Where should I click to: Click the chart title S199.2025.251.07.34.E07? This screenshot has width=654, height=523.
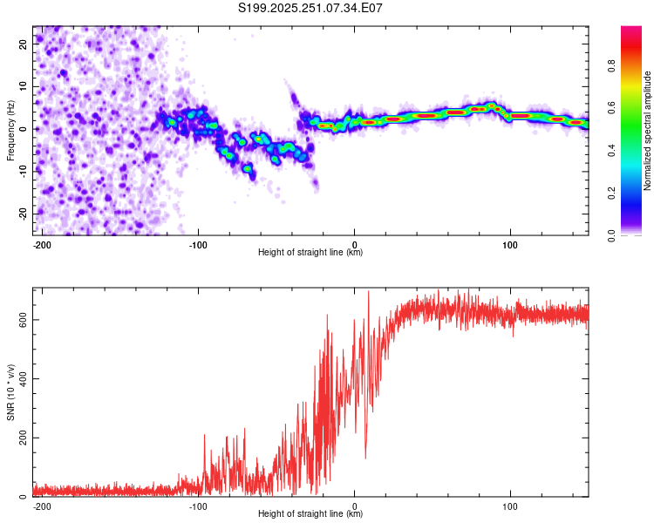pyautogui.click(x=311, y=9)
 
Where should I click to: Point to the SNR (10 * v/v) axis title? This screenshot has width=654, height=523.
pyautogui.click(x=10, y=392)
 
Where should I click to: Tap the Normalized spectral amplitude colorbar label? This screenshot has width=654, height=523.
pyautogui.click(x=648, y=131)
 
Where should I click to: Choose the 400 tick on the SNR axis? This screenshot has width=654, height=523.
pyautogui.click(x=22, y=378)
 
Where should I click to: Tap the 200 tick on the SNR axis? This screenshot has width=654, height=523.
pyautogui.click(x=22, y=438)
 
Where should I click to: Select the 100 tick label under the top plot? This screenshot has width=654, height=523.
pyautogui.click(x=510, y=244)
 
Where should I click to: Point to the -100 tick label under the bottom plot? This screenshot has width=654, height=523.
pyautogui.click(x=198, y=506)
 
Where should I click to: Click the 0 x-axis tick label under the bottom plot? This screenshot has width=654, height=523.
pyautogui.click(x=354, y=506)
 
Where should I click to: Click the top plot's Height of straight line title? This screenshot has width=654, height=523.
pyautogui.click(x=310, y=253)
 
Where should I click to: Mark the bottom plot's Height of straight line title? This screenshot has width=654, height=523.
pyautogui.click(x=310, y=514)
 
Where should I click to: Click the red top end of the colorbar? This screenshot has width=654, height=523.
pyautogui.click(x=631, y=31)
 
